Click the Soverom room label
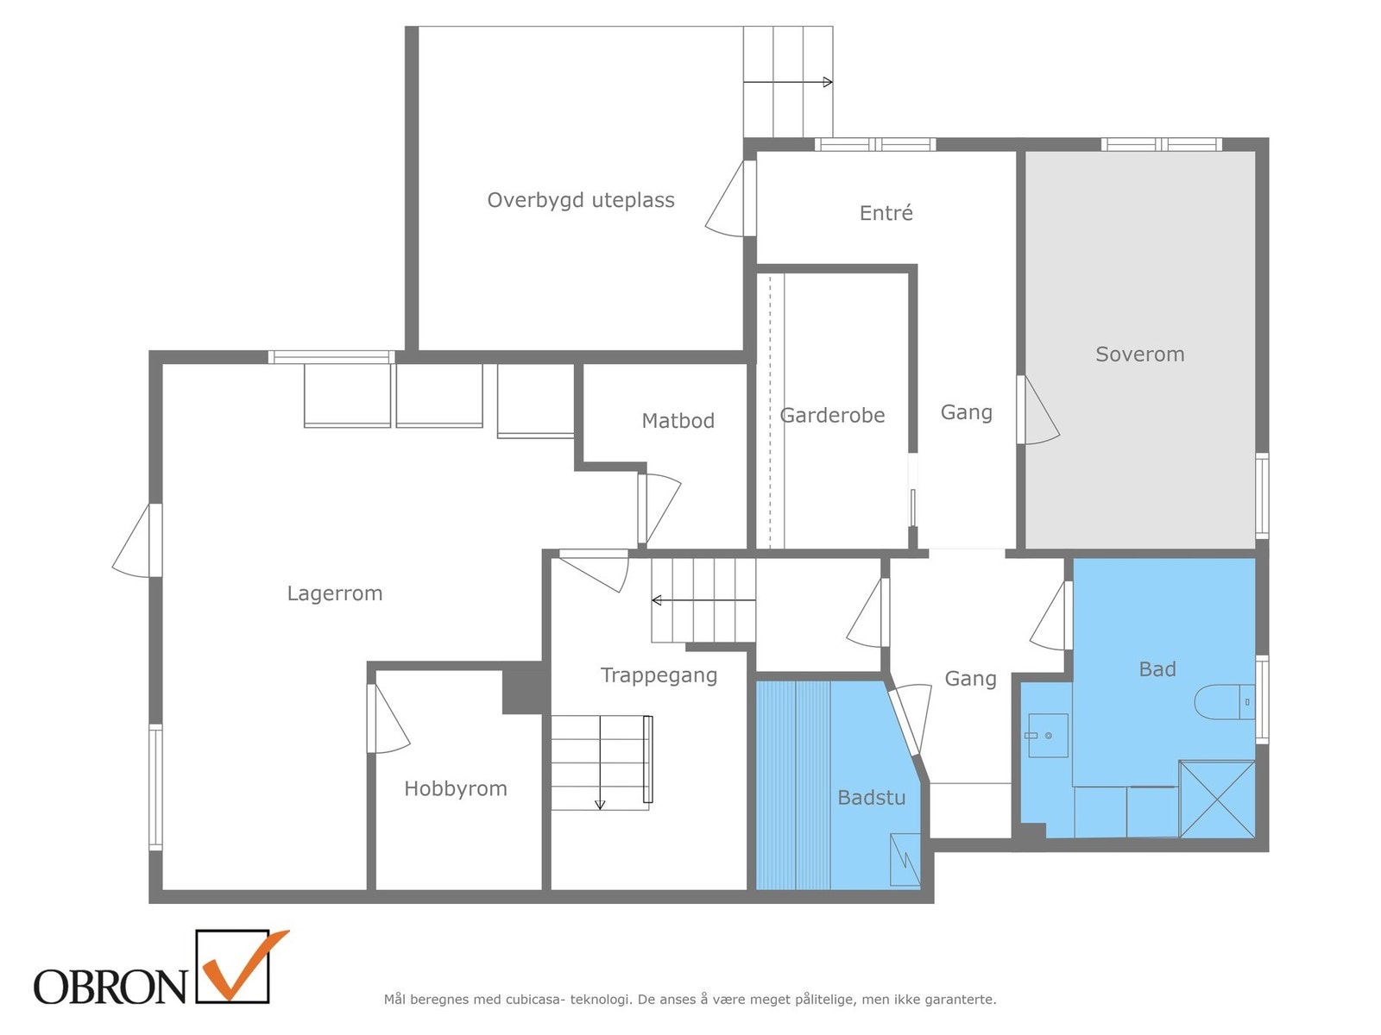pyautogui.click(x=1139, y=354)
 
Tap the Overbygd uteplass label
pyautogui.click(x=580, y=200)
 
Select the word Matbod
pyautogui.click(x=678, y=421)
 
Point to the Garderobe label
pyautogui.click(x=832, y=416)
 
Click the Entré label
pyautogui.click(x=886, y=213)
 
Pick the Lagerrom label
pyautogui.click(x=334, y=593)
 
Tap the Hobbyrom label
pyautogui.click(x=455, y=788)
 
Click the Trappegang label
pyautogui.click(x=659, y=675)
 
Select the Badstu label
pyautogui.click(x=871, y=798)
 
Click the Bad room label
pyautogui.click(x=1157, y=669)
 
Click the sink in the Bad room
pyautogui.click(x=1048, y=736)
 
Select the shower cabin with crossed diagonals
pyautogui.click(x=1217, y=799)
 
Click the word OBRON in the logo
pyautogui.click(x=110, y=987)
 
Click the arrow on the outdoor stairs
pyautogui.click(x=788, y=83)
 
